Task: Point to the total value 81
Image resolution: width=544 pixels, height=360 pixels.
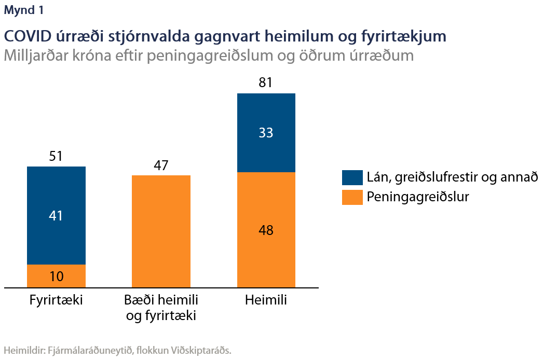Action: [x=266, y=83]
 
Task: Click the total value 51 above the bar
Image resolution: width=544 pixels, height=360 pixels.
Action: [x=56, y=156]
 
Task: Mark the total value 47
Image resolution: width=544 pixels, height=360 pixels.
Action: [x=161, y=165]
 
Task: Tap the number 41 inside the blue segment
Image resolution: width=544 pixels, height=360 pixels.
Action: [x=56, y=216]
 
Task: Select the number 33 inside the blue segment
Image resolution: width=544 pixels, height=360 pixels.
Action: [x=266, y=133]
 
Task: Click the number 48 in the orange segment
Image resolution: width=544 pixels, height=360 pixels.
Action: [x=266, y=230]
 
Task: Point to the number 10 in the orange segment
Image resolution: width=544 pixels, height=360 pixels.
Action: [x=56, y=276]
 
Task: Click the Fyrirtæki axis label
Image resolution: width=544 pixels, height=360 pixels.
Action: [x=56, y=300]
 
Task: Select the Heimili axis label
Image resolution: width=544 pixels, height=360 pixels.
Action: [x=266, y=300]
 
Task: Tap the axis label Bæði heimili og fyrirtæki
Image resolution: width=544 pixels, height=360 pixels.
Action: [x=161, y=308]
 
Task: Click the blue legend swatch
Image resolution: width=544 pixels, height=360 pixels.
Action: [x=352, y=177]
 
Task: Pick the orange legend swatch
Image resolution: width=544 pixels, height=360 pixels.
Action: [x=352, y=197]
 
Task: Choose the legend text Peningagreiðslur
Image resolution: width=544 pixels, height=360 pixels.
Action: [x=418, y=197]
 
